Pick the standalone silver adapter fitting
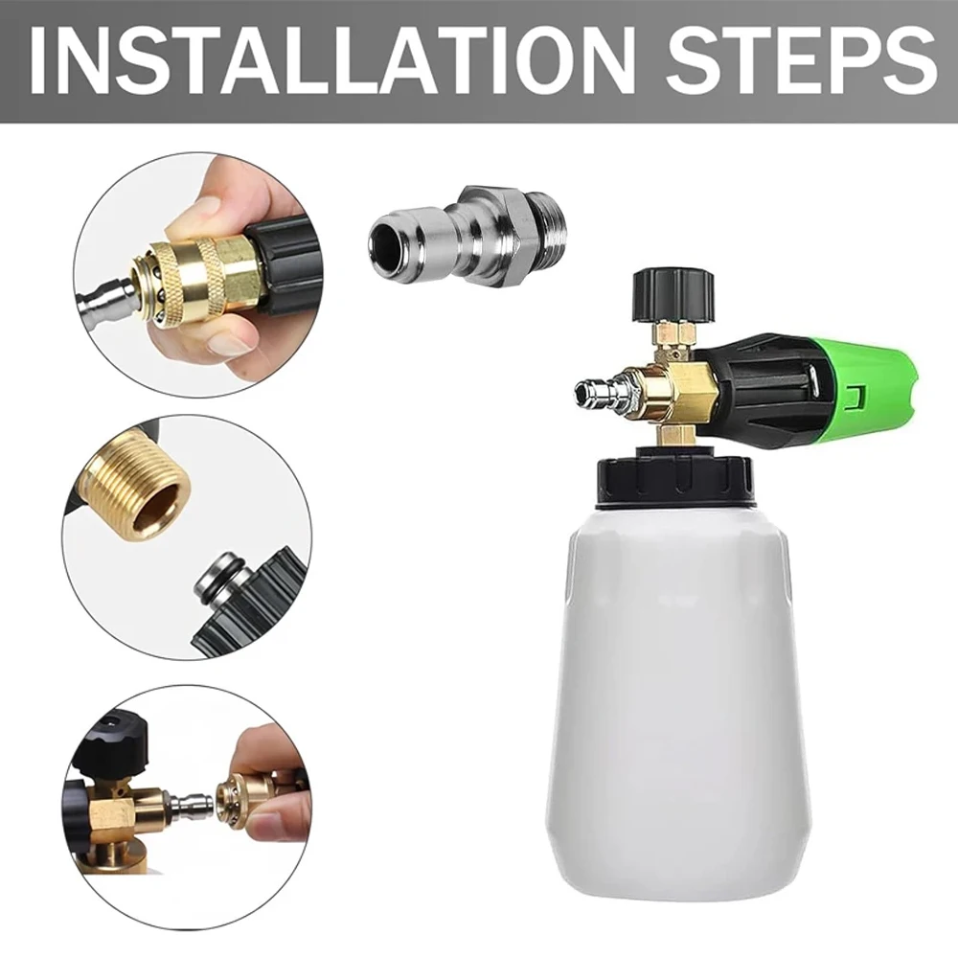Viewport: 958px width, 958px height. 450,235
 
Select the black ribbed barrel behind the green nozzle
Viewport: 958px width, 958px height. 757,383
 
